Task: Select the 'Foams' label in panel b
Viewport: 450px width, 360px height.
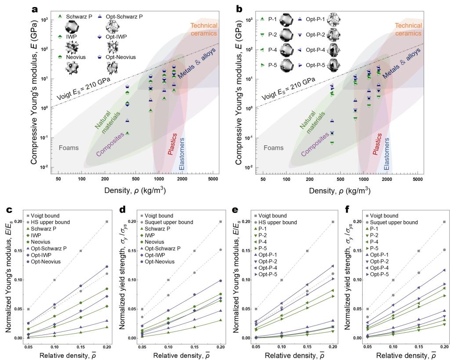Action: pyautogui.click(x=273, y=148)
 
